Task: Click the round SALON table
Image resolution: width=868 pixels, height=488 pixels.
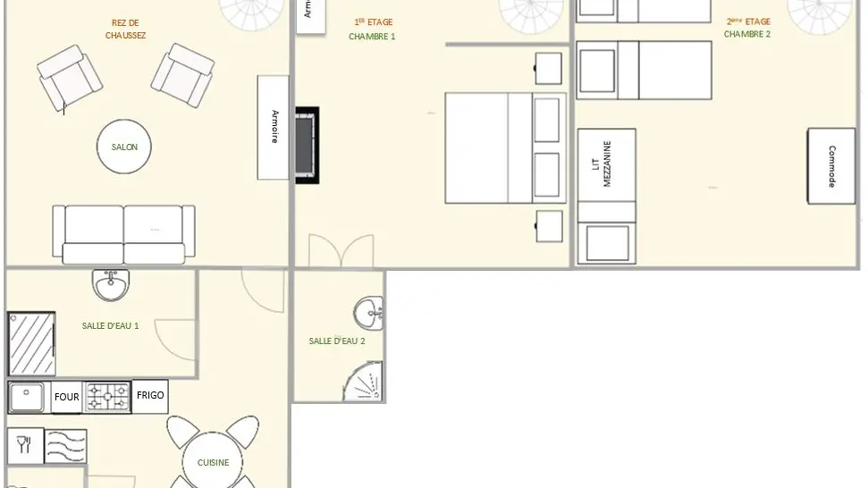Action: [124, 147]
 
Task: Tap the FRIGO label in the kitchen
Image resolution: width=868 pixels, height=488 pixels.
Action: [150, 395]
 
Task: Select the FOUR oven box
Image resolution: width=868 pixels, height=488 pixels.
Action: [67, 397]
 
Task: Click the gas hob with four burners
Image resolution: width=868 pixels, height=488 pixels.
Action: [108, 397]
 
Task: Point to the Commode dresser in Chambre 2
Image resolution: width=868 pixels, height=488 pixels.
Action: [831, 166]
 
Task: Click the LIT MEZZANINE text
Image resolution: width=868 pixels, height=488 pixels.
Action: [607, 164]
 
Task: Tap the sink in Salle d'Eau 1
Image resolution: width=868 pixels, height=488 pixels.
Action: [111, 285]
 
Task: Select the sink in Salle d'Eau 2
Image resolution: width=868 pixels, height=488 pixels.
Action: [367, 314]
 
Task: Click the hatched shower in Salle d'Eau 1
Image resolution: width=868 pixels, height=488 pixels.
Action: [31, 343]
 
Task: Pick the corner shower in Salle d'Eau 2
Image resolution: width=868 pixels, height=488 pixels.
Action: [366, 383]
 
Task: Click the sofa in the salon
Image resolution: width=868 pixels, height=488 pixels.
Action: [123, 234]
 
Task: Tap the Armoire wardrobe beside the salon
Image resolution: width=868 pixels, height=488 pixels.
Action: [274, 127]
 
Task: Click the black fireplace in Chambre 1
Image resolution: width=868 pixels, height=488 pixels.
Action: [307, 145]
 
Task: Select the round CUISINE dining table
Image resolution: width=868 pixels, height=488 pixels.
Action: [213, 462]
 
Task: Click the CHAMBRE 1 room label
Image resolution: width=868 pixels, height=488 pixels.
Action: [372, 37]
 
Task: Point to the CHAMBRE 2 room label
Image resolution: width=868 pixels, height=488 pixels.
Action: [746, 34]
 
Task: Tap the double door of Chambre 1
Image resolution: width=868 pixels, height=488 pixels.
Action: [341, 251]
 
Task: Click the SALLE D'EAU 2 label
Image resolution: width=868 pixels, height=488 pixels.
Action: [337, 341]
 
